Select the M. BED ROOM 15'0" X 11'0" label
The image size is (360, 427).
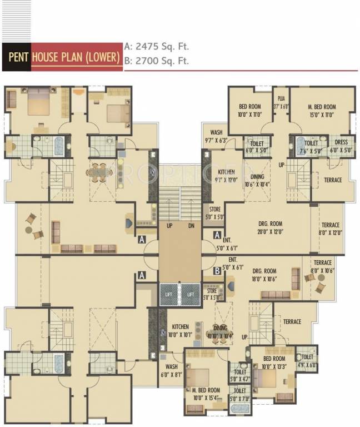tap(322, 111)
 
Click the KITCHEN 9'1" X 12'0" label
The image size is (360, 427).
tap(226, 176)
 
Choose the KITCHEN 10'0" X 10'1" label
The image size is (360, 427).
tap(181, 330)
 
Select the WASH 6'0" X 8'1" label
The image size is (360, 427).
tap(171, 371)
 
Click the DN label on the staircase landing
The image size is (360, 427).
tap(191, 226)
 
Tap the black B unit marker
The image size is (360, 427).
tap(217, 271)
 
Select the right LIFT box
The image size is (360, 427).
tap(191, 294)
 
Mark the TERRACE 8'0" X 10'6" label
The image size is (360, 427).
tap(322, 266)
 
